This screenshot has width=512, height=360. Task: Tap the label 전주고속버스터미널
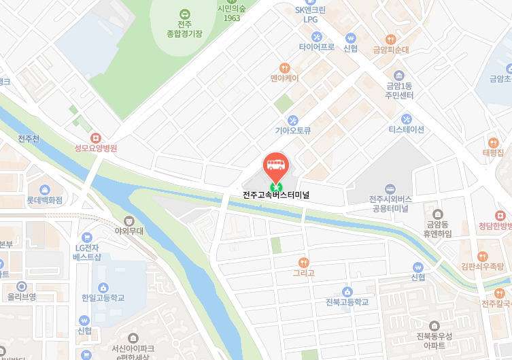tap(276, 195)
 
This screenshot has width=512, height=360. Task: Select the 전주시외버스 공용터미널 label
tap(390, 203)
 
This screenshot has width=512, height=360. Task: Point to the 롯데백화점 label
tap(45, 201)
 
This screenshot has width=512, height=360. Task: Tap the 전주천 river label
tap(29, 139)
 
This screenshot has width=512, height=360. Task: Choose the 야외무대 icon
tap(129, 220)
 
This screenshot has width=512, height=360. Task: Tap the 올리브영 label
tap(22, 297)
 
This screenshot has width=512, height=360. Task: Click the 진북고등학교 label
tap(347, 302)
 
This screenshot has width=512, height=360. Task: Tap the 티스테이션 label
tap(406, 129)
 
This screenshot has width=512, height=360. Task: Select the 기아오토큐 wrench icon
tap(292, 120)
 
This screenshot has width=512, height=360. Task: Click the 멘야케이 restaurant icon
tap(284, 68)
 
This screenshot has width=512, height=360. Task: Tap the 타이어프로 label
tap(317, 48)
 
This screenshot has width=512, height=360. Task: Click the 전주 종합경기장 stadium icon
tap(184, 14)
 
